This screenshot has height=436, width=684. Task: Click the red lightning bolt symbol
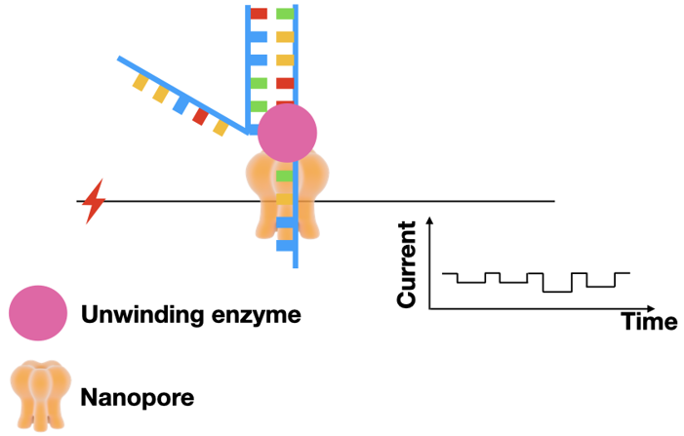click(x=94, y=202)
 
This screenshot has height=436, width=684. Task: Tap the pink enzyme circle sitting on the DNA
click(x=287, y=133)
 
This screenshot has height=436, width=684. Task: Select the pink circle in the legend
click(x=38, y=315)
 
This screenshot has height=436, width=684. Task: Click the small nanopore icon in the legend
click(x=38, y=397)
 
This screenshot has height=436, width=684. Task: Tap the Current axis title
click(x=408, y=264)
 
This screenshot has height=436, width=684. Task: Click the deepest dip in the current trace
click(x=557, y=291)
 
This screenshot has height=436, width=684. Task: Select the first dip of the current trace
click(x=471, y=282)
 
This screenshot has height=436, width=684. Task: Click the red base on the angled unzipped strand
click(x=200, y=117)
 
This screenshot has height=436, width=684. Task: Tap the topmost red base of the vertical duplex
click(x=259, y=15)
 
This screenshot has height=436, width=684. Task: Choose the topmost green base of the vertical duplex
click(x=285, y=15)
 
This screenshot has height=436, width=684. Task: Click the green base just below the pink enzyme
click(x=283, y=177)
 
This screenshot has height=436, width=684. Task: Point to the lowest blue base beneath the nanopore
click(x=283, y=245)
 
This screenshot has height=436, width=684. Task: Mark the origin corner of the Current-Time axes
click(x=430, y=307)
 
